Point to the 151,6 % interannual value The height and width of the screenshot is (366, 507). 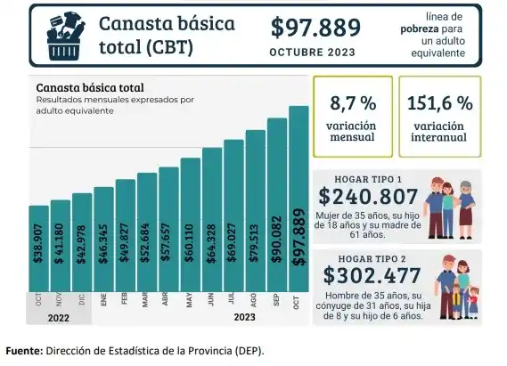[439, 102]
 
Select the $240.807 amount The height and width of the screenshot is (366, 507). [367, 198]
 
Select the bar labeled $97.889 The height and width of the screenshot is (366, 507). [298, 205]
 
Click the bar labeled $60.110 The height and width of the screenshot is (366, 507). [190, 232]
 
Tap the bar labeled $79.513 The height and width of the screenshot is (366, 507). [255, 218]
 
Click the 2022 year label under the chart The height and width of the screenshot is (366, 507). [60, 316]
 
